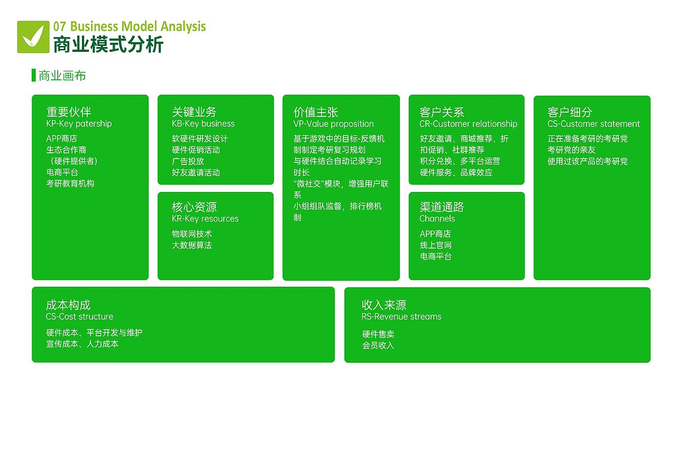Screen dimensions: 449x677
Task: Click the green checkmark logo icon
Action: point(33,37)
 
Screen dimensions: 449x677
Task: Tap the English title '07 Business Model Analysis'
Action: point(130,26)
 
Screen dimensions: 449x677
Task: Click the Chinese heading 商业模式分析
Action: point(108,44)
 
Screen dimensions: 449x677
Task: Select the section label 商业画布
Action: point(62,76)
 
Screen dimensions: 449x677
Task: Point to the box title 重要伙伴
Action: point(69,112)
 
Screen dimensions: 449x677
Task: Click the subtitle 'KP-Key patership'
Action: point(79,124)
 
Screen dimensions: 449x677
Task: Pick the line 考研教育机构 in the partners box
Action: point(70,184)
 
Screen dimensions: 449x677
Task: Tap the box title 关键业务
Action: point(194,112)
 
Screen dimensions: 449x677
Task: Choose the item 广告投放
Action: point(188,161)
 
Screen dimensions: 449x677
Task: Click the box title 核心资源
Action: point(194,207)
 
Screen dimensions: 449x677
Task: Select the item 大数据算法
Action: point(191,245)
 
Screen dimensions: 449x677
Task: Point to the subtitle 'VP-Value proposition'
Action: point(333,124)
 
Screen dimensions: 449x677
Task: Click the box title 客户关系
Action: point(442,112)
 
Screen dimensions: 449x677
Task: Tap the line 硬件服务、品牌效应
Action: point(456,172)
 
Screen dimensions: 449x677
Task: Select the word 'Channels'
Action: point(437,219)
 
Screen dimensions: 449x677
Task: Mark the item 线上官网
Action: point(436,245)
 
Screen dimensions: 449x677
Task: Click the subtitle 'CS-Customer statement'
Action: point(593,124)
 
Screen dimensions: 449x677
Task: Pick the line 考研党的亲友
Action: point(571,150)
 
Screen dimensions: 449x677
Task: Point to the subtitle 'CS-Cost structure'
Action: point(79,317)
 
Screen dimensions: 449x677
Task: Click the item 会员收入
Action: point(378,346)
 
